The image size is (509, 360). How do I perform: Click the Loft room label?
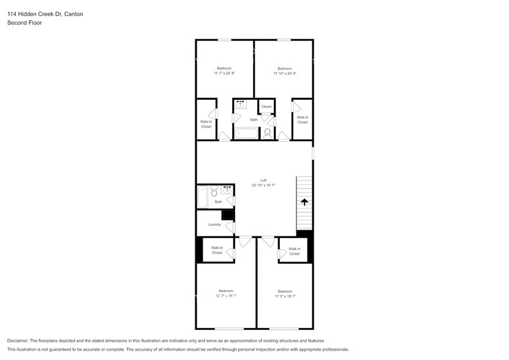[x=263, y=180]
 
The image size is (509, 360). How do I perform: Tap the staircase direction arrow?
[x=304, y=201]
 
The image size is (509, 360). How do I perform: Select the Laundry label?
[x=214, y=225]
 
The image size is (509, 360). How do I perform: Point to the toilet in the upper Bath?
[x=267, y=133]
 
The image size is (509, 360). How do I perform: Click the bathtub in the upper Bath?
[x=247, y=133]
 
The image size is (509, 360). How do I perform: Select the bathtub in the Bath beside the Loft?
[x=202, y=197]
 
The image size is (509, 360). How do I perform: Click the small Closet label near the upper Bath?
[x=266, y=107]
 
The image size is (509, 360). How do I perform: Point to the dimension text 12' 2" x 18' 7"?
[x=226, y=296]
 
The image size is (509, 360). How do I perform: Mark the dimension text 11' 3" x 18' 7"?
[x=285, y=296]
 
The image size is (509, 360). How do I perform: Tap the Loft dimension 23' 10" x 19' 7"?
[x=263, y=185]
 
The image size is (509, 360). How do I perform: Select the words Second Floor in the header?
[x=24, y=23]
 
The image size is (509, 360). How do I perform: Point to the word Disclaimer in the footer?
[x=20, y=340]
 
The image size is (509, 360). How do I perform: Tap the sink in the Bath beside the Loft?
[x=227, y=190]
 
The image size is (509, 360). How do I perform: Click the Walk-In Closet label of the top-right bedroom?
[x=303, y=119]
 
